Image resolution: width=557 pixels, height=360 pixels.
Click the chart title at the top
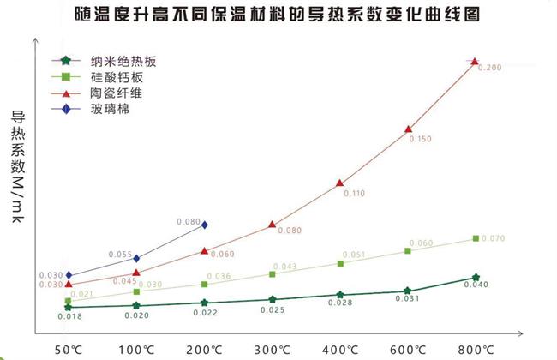[x=278, y=15]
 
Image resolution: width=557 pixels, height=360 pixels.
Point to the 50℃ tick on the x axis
[x=69, y=350]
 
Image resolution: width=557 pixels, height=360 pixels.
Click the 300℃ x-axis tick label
[x=273, y=350]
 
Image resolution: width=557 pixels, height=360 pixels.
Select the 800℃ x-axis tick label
[x=476, y=350]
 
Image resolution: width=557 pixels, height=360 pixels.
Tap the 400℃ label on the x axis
[x=340, y=350]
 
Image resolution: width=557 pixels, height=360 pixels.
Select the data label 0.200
[x=489, y=68]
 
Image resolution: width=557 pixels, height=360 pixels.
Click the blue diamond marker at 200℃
[x=204, y=225]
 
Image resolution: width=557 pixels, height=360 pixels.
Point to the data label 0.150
[x=422, y=138]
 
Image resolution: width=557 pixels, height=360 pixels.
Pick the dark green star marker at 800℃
[x=476, y=278]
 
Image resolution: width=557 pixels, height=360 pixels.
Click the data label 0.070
[x=494, y=237]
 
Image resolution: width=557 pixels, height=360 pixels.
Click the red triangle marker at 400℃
[x=340, y=183]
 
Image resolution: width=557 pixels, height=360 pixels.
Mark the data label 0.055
[x=121, y=255]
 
